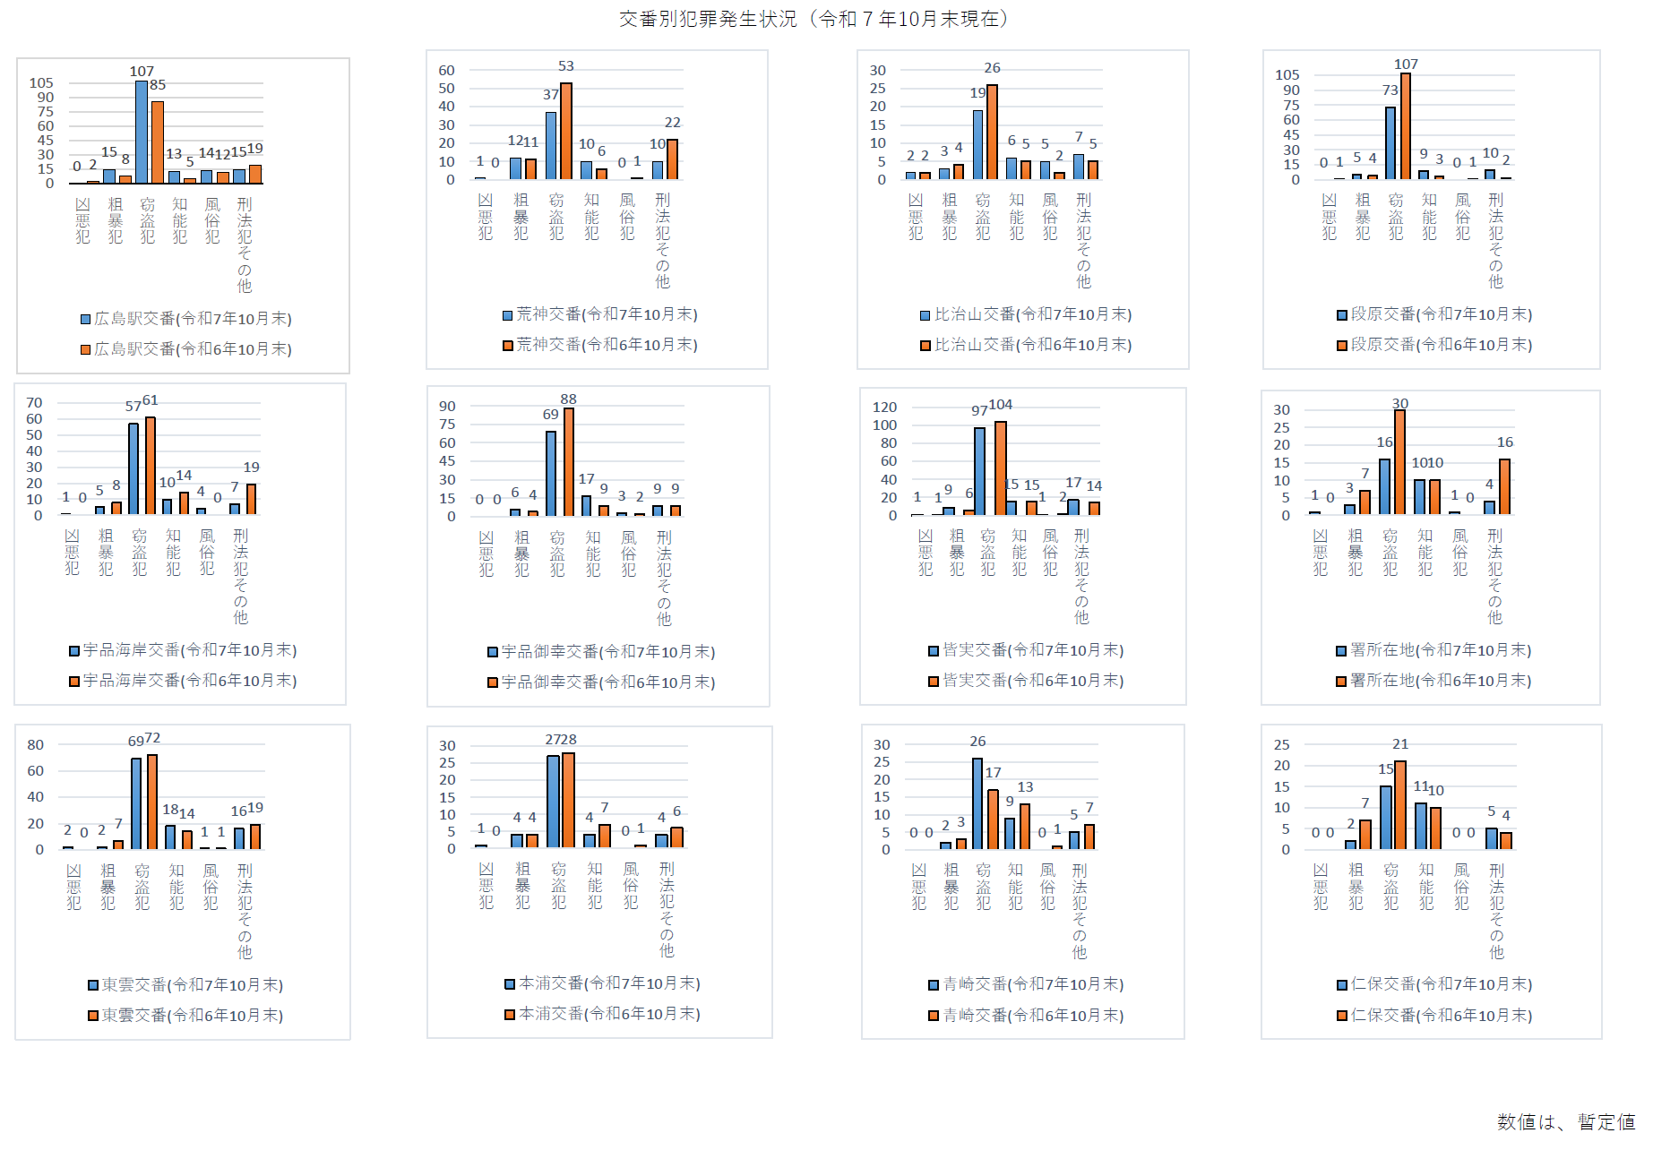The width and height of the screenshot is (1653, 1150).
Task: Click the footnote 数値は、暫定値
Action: (1565, 1121)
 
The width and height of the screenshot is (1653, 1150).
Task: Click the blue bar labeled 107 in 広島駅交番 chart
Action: (142, 133)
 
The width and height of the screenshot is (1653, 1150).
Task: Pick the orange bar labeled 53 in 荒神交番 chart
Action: (566, 132)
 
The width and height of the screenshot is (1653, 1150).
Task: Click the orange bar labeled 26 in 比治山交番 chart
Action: (992, 133)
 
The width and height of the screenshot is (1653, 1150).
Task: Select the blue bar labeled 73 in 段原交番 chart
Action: (1390, 143)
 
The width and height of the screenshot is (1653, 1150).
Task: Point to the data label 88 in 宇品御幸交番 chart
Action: (568, 399)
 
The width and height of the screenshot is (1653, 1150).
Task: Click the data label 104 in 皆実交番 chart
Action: (1001, 404)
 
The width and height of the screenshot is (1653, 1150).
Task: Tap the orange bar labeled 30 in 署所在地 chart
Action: (1399, 462)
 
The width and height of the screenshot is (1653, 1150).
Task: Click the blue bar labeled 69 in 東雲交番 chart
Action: (136, 803)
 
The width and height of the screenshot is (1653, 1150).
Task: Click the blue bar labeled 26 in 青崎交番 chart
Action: (977, 803)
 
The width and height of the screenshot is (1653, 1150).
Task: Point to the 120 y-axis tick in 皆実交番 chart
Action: (884, 407)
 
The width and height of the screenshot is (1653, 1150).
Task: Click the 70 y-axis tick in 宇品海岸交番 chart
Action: (34, 402)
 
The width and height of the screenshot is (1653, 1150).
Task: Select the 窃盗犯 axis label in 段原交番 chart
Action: (1396, 217)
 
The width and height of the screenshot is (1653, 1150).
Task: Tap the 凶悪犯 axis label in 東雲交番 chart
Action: (73, 887)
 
